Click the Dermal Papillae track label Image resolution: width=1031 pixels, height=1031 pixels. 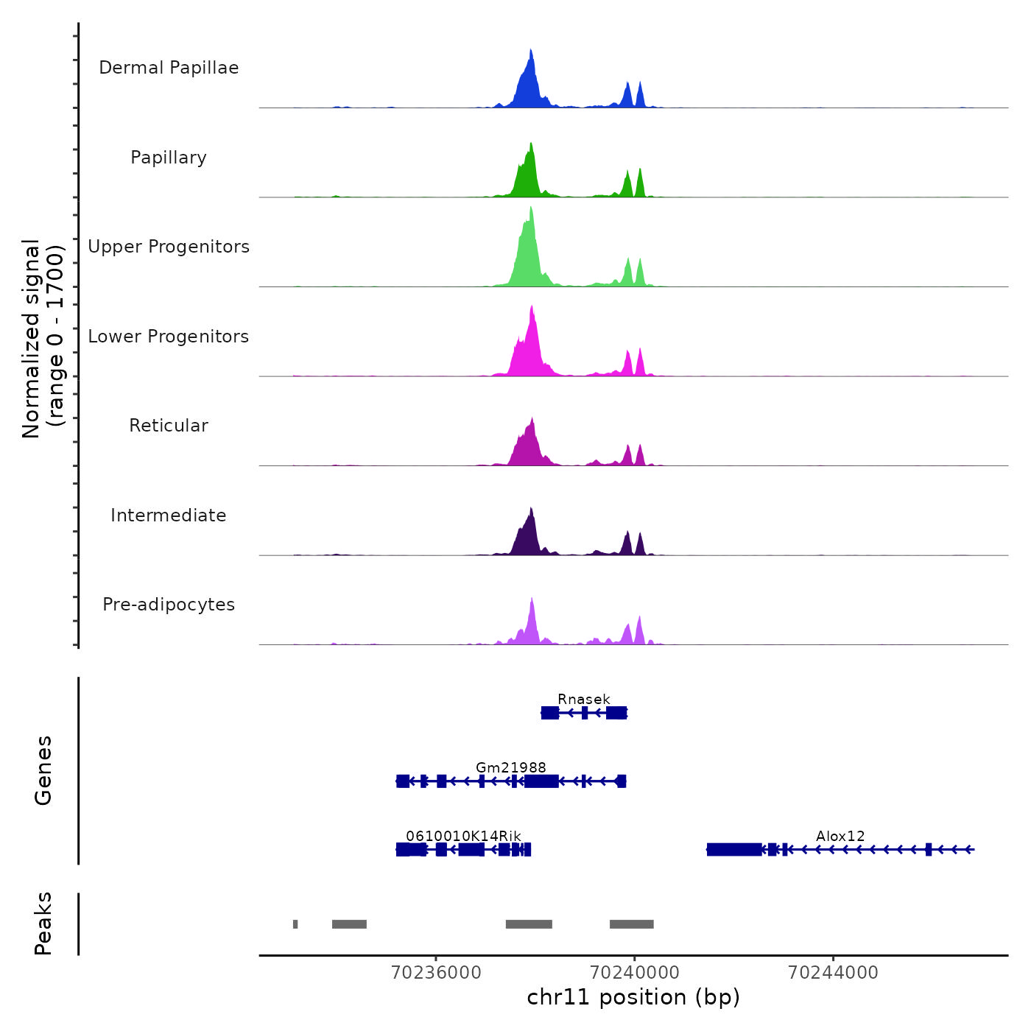coord(169,68)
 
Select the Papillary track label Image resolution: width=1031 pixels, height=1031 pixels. coord(169,158)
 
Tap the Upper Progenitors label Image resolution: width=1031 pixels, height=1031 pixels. coord(169,247)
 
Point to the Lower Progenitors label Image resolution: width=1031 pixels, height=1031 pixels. coord(169,337)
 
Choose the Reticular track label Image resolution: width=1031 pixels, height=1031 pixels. coord(169,426)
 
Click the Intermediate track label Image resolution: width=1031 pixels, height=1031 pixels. coord(169,515)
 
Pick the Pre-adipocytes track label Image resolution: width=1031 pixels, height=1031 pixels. coord(169,605)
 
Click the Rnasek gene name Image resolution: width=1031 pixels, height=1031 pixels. coord(584,699)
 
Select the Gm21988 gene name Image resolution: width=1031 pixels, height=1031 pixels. coord(511,767)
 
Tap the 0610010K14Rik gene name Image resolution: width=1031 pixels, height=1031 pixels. coord(463,836)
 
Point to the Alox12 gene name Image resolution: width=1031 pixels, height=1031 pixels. coord(840,836)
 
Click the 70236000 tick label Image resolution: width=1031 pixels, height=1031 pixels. coord(436,973)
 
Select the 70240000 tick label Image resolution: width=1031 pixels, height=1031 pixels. coord(634,973)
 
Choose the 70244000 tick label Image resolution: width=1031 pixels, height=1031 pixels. coord(833,973)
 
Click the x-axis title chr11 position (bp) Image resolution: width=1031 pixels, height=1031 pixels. coord(633,997)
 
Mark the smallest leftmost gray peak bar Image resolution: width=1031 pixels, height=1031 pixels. coord(295,924)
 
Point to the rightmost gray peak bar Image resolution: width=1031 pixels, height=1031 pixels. coord(631,924)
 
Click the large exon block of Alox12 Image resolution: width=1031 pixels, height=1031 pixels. coord(734,850)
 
